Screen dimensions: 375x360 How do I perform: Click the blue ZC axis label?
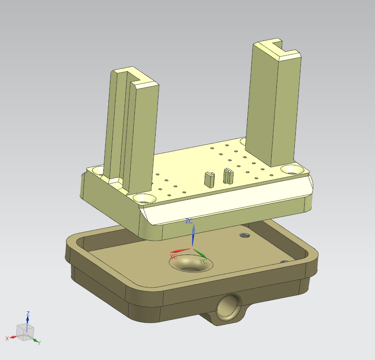(x=189, y=221)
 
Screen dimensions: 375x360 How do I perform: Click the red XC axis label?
(x=174, y=257)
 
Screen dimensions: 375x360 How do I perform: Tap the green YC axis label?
(x=203, y=262)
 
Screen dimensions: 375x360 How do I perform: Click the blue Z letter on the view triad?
(x=28, y=313)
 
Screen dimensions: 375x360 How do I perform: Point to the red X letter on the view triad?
(x=7, y=338)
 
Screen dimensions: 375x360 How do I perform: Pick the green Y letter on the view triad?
(x=39, y=343)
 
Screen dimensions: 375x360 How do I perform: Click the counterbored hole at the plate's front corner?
(x=144, y=198)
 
